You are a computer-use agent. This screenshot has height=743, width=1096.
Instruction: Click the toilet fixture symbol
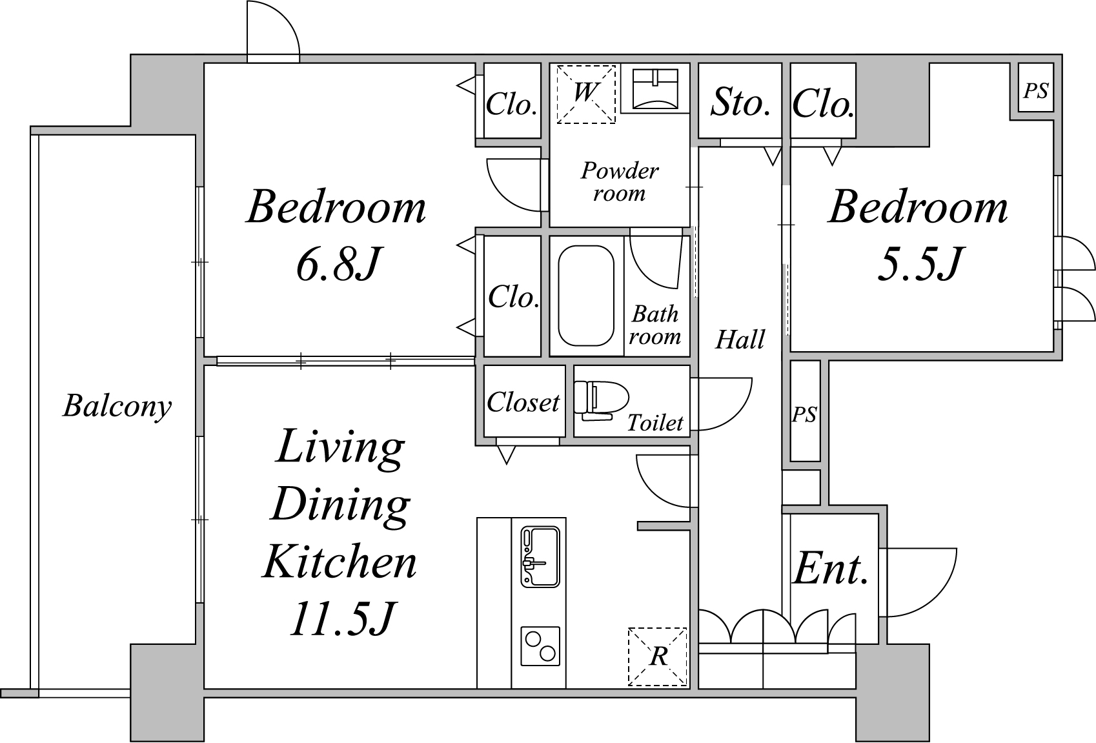coord(602,400)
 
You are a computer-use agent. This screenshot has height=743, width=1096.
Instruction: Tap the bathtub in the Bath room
coord(585,296)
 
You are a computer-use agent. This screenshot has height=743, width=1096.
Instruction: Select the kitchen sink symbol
coord(540,556)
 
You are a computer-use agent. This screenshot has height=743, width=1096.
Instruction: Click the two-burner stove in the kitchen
coord(540,646)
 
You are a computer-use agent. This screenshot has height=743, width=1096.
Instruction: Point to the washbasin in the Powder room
coord(655,88)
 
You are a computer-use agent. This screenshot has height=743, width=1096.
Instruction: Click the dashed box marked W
coord(585,94)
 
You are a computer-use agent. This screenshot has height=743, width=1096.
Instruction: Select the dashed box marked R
coord(658,656)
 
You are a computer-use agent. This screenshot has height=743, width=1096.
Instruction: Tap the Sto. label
coord(740,102)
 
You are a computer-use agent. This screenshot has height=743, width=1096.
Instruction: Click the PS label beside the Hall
coord(804,414)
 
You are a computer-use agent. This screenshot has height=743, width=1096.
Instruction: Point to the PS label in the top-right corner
coord(1036,91)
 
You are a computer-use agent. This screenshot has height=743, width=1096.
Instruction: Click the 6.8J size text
coord(338,264)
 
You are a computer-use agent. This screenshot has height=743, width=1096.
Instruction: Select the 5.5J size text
coord(920,264)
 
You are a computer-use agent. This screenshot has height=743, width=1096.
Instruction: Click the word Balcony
coord(117,406)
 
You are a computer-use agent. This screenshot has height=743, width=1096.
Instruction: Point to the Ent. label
coord(830,568)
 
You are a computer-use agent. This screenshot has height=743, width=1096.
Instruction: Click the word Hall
coord(740,339)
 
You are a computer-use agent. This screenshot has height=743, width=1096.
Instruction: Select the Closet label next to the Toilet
coord(523,402)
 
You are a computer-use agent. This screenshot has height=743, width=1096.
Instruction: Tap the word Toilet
coord(655,423)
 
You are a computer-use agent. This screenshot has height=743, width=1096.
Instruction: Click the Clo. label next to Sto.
coord(823,104)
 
